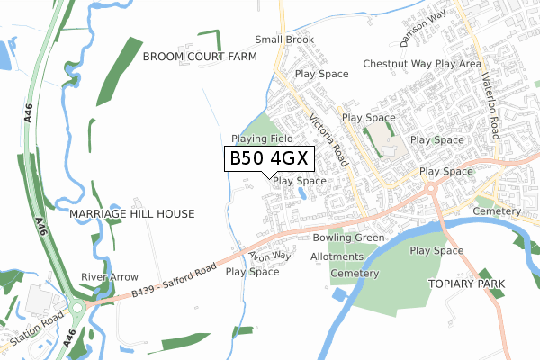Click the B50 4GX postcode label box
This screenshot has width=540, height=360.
[269, 158]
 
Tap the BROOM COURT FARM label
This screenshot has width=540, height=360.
[200, 57]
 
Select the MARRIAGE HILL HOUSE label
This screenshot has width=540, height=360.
[132, 215]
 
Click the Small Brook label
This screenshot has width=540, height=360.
[284, 40]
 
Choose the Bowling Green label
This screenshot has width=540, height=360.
[349, 238]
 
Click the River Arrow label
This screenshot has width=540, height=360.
[110, 276]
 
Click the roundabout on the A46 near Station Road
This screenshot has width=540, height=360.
[77, 307]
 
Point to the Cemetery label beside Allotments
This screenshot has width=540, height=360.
[351, 273]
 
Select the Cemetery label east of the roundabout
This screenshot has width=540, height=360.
[496, 211]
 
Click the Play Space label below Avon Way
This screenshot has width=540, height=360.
[253, 271]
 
